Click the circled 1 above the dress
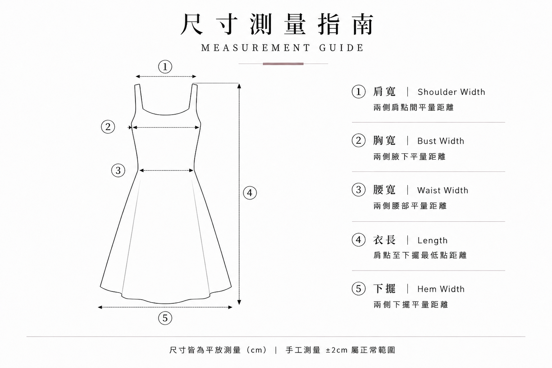coord(165,66)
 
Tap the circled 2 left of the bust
coord(108,127)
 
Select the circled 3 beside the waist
coord(118,170)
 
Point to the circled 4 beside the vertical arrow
coord(250,193)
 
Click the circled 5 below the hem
coord(165,318)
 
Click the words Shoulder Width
coord(451,92)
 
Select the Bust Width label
coord(441,141)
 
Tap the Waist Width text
coord(443,190)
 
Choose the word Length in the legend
coord(433,240)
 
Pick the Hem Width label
coord(441,289)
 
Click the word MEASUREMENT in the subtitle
coord(256,48)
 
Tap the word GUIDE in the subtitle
coord(341,48)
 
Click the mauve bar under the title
coord(283,64)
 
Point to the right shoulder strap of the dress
coord(194,97)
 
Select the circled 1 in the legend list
coord(358,92)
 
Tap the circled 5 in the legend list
coord(358,289)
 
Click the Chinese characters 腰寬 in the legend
coord(384,190)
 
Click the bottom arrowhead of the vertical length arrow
coord(239,303)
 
